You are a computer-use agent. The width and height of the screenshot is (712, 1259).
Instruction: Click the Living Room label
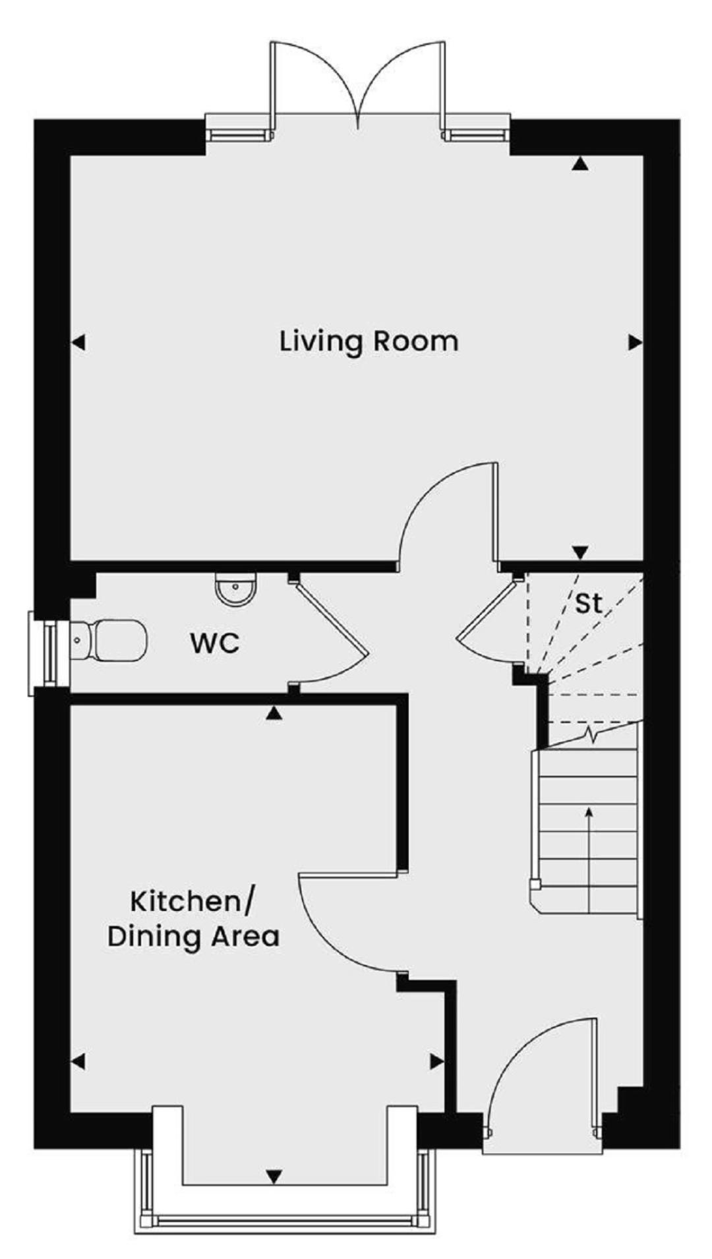pyautogui.click(x=369, y=342)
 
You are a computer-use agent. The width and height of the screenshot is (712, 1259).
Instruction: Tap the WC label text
pyautogui.click(x=215, y=643)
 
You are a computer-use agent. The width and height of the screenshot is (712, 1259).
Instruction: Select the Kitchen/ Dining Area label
pyautogui.click(x=193, y=918)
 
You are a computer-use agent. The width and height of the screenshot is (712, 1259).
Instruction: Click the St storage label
pyautogui.click(x=589, y=602)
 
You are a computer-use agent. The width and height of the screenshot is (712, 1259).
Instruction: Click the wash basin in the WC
pyautogui.click(x=235, y=589)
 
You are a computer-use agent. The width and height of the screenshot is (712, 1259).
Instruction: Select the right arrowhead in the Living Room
pyautogui.click(x=635, y=342)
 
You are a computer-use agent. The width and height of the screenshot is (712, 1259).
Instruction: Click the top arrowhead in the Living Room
pyautogui.click(x=579, y=164)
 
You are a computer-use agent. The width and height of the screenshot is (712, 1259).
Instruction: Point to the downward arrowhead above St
pyautogui.click(x=580, y=552)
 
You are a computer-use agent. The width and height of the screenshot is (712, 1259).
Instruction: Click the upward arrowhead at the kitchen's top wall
pyautogui.click(x=274, y=713)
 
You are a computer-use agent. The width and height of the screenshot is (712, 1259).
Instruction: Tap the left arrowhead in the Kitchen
pyautogui.click(x=78, y=1061)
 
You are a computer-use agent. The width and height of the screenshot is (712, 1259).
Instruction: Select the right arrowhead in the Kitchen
pyautogui.click(x=436, y=1061)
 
